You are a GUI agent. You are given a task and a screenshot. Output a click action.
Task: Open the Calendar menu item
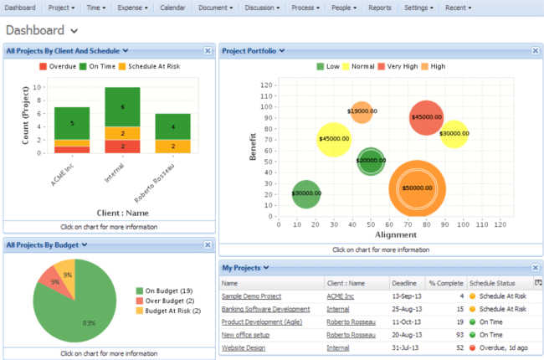[x=172, y=8]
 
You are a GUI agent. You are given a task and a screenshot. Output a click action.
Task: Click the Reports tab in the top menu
[x=379, y=8]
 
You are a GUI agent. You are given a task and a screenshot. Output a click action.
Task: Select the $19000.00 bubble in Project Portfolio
[x=361, y=111]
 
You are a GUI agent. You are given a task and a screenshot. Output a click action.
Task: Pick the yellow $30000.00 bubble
[x=454, y=133]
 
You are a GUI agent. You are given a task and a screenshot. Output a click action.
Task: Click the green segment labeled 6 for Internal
[x=122, y=107]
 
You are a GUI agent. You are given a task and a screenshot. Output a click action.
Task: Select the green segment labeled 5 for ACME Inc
[x=72, y=123]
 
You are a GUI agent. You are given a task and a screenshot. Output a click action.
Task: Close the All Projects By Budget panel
[x=208, y=245]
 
